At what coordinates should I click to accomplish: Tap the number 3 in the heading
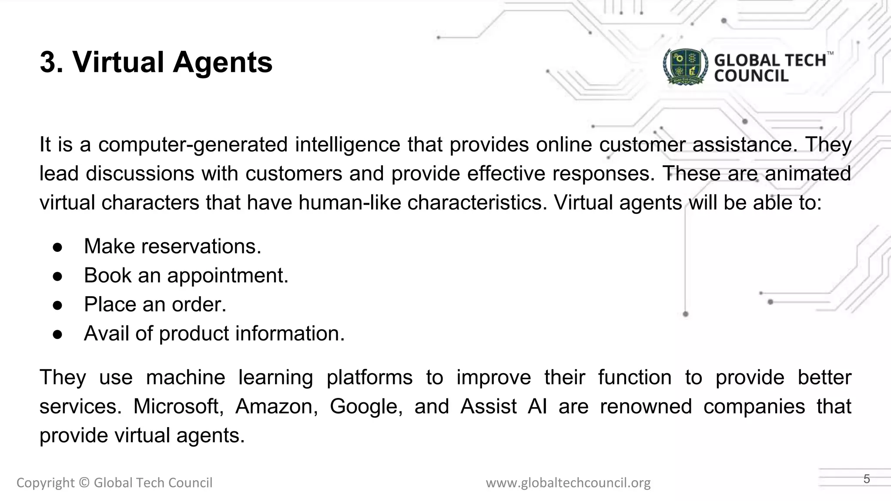point(49,62)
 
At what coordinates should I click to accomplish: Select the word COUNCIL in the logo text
point(751,76)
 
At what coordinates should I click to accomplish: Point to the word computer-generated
point(193,145)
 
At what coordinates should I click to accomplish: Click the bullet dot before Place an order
point(57,305)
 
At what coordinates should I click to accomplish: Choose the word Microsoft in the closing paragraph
point(178,407)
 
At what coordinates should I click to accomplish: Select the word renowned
point(646,407)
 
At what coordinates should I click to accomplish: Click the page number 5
point(867,479)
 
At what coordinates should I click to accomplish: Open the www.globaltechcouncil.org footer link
point(568,483)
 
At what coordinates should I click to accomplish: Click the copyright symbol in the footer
point(84,483)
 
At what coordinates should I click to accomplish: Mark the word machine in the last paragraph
point(185,377)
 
